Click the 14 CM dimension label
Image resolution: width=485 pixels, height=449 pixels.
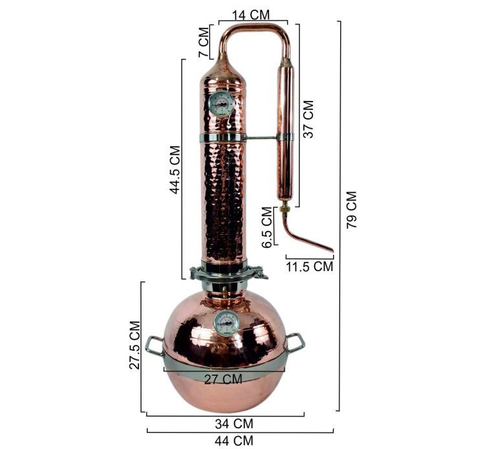point(250,14)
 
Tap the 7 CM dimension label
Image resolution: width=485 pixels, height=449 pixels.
point(204,43)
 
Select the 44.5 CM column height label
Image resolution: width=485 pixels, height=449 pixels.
point(175,170)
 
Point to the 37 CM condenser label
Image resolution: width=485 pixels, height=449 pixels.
point(308,119)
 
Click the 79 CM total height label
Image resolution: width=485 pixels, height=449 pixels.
point(351,210)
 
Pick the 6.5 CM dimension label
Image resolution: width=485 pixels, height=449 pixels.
point(266,227)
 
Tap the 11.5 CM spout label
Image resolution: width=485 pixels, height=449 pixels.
point(310,267)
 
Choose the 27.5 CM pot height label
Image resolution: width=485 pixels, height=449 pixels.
point(135,345)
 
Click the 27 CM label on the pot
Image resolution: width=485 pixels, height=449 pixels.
point(223,379)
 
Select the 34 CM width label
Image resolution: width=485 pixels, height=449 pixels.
point(234,424)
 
